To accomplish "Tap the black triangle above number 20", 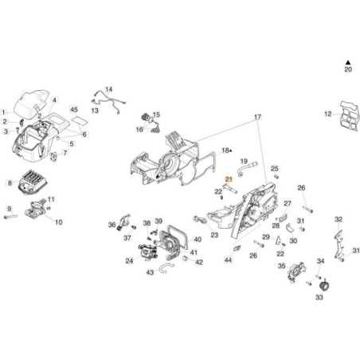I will click(347, 61).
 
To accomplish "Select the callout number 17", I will click(257, 117).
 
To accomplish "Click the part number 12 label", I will click(327, 115).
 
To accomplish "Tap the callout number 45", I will click(74, 109).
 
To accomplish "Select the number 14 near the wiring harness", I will click(108, 90).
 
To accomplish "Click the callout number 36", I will click(112, 225).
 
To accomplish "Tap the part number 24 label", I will click(129, 260).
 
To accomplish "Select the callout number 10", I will click(58, 222).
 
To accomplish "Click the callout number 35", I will click(281, 266).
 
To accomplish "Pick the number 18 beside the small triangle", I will click(225, 150).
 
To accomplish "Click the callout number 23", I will click(214, 236).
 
